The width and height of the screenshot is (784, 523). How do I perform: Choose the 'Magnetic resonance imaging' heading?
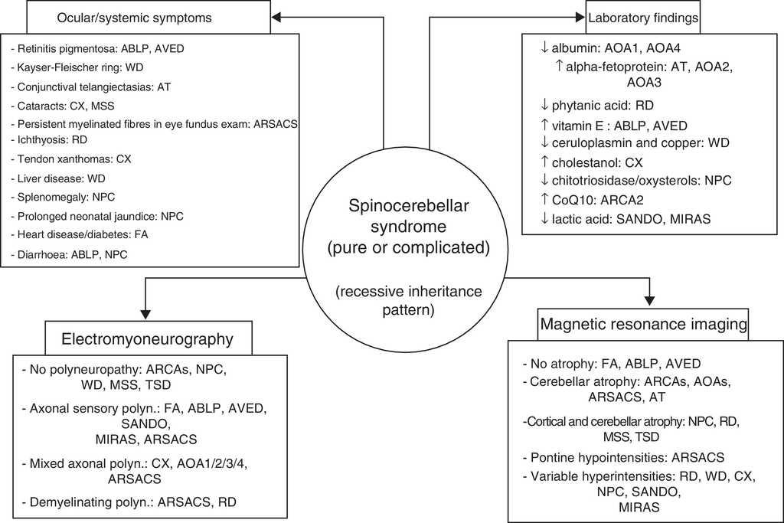click(x=644, y=325)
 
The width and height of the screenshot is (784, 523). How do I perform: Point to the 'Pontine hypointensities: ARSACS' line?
click(x=622, y=458)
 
